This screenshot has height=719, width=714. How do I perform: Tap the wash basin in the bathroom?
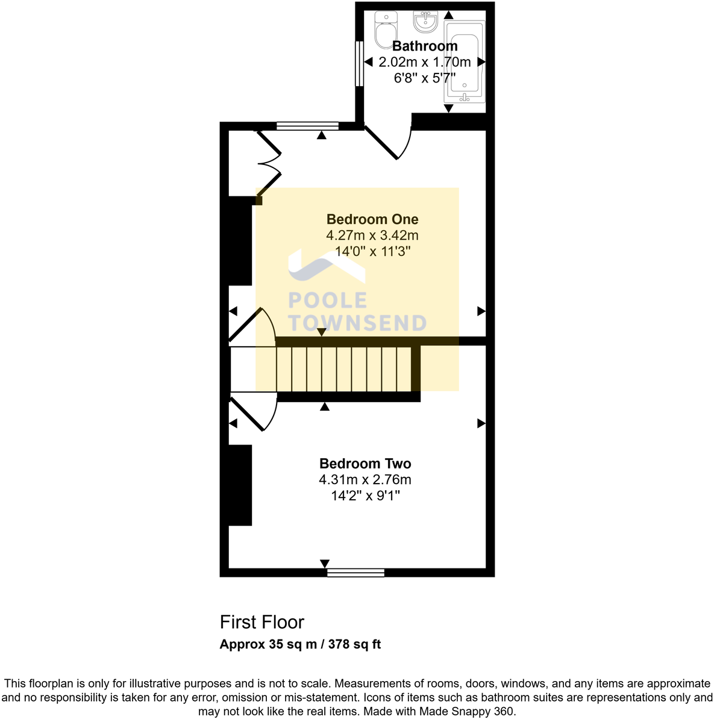(x=426, y=22)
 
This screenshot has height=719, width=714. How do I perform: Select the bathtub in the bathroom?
(x=464, y=60)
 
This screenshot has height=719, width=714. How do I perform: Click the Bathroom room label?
(x=425, y=46)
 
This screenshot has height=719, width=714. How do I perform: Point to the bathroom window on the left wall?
(x=359, y=63)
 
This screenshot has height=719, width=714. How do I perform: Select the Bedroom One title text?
(x=372, y=220)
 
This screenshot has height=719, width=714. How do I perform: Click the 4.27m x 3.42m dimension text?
(x=372, y=235)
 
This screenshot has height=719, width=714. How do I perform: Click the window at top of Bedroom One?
(x=307, y=126)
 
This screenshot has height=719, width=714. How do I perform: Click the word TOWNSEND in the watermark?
(x=357, y=323)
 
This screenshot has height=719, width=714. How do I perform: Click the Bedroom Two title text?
(x=365, y=464)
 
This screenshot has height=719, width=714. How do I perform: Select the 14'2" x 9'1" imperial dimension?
(x=365, y=496)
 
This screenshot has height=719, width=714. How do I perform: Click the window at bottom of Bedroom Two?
(x=355, y=573)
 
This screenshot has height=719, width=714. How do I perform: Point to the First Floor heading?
(x=262, y=622)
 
